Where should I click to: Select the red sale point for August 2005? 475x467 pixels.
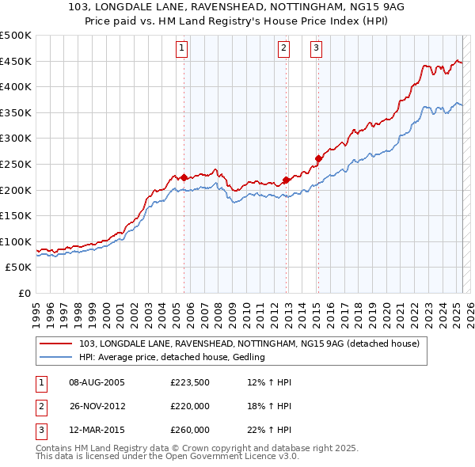184,178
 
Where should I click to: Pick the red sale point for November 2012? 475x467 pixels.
286,180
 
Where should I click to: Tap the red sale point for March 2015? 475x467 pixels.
317,158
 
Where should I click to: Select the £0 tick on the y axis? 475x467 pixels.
25,293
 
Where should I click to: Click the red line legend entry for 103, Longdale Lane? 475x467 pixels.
253,344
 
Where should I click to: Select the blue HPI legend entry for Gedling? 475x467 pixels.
171,357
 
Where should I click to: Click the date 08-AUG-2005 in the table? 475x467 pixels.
97,383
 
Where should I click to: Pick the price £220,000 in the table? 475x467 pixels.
190,406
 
